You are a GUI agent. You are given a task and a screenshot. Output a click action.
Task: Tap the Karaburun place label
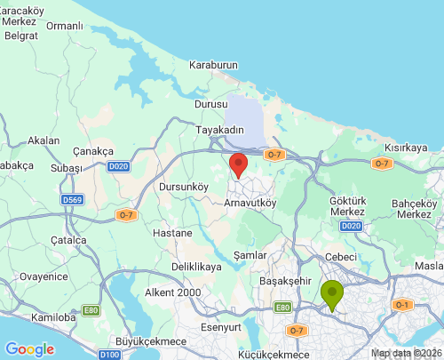pos(215,65)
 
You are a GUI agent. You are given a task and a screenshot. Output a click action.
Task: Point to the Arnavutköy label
pos(250,203)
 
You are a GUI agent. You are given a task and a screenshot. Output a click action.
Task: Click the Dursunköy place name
pos(182,188)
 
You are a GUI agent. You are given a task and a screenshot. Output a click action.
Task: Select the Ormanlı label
pos(64,26)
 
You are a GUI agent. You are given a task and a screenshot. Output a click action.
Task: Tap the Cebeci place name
pos(342,257)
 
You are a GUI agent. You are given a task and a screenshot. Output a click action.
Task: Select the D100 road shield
pos(109,355)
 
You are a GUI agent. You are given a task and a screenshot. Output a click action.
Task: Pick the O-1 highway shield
pos(401,305)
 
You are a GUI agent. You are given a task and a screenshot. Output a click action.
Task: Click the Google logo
pos(29,349)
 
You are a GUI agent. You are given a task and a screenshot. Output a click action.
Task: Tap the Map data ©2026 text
pos(405,353)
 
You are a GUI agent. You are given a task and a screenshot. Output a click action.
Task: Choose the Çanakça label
pos(94,149)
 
